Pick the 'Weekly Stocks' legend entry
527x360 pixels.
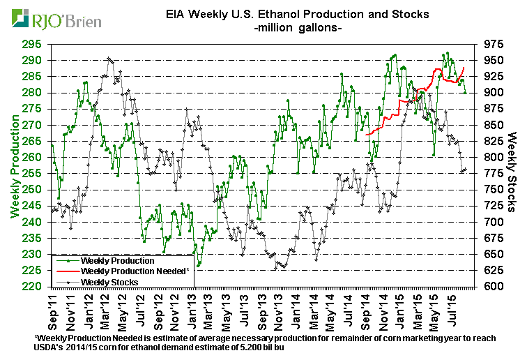tap(110, 281)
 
